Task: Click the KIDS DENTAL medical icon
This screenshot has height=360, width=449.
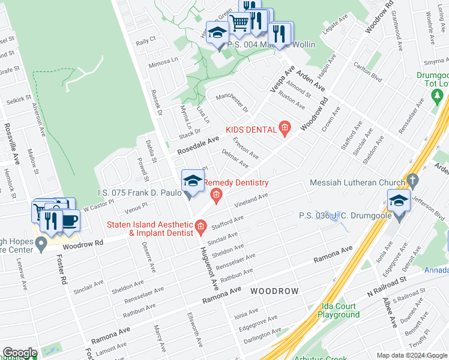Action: pos(285,128)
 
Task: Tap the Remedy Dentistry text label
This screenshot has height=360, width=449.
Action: pos(236,182)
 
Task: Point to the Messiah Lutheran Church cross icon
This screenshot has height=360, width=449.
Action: pos(412,180)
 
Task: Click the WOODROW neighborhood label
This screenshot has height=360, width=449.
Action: pos(274,291)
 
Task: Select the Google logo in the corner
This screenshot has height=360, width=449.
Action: pos(19,353)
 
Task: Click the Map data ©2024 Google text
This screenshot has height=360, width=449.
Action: pos(412,355)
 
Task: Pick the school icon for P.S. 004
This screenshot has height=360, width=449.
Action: pos(217,34)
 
